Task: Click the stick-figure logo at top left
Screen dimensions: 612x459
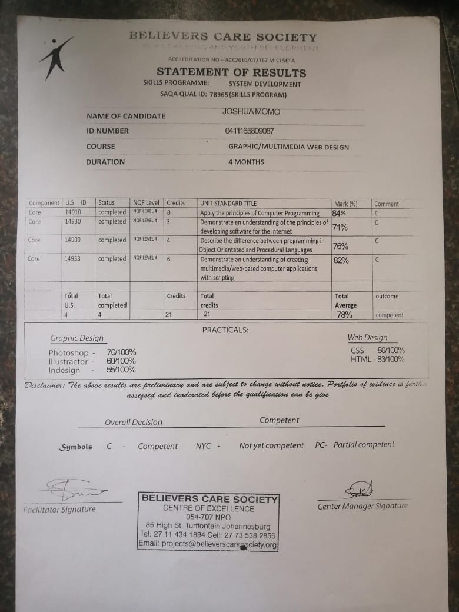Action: coord(55,58)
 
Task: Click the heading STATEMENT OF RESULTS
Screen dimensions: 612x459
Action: coord(231,72)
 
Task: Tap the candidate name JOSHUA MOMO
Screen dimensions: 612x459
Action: coord(251,112)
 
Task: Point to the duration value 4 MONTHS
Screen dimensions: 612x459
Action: coord(246,162)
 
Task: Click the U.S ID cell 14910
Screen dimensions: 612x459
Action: coord(73,212)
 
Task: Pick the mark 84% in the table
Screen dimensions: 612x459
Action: coord(340,213)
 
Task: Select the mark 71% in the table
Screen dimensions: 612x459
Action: coord(340,227)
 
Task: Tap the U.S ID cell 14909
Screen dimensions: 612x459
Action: coord(73,240)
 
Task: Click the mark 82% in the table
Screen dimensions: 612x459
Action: coord(341,260)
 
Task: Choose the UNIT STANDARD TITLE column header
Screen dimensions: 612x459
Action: coord(228,203)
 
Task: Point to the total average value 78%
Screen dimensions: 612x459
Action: coord(344,315)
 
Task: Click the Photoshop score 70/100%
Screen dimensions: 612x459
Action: coord(121,352)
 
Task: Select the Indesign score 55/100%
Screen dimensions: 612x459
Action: coord(121,370)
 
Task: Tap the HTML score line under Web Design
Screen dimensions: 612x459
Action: coord(377,359)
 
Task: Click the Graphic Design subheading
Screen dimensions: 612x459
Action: coord(77,338)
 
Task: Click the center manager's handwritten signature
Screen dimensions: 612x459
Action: coord(358,490)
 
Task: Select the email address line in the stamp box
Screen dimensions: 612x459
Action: coord(208,544)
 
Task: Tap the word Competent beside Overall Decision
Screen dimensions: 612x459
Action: coord(280,420)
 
